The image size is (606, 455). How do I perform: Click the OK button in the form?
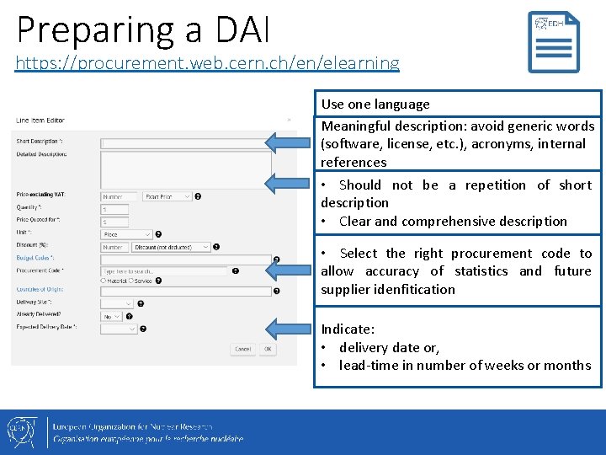pyautogui.click(x=268, y=348)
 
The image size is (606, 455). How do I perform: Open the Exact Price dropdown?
pyautogui.click(x=167, y=196)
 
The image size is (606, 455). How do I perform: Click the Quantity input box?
pyautogui.click(x=114, y=209)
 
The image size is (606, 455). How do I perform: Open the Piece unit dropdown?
pyautogui.click(x=126, y=234)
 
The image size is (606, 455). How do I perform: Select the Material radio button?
pyautogui.click(x=103, y=281)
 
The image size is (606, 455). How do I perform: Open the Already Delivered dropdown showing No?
pyautogui.click(x=111, y=317)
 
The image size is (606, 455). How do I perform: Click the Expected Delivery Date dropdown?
pyautogui.click(x=119, y=329)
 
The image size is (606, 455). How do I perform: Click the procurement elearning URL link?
pyautogui.click(x=207, y=63)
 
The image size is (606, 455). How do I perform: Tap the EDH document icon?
pyautogui.click(x=553, y=42)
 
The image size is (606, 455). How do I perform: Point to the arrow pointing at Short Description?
pyautogui.click(x=291, y=141)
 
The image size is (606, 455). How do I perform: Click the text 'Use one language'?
pyautogui.click(x=375, y=104)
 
